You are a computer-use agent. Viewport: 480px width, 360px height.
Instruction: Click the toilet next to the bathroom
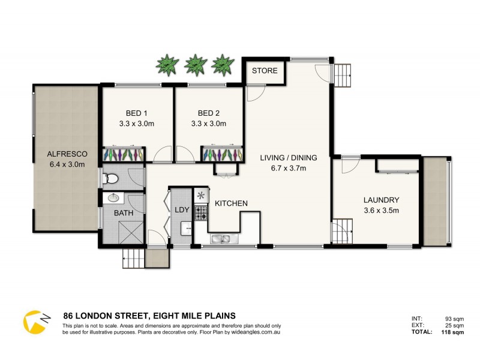point(110,178)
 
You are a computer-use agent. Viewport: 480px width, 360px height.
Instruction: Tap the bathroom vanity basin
point(114,198)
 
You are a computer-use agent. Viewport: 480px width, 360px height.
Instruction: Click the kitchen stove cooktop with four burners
point(200,212)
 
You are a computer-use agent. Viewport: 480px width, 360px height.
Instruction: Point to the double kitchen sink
point(221,240)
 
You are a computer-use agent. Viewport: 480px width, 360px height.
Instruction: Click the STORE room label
point(265,71)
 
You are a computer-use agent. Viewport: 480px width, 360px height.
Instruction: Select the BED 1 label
point(137,113)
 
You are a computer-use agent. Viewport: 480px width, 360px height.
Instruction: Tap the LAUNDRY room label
point(381,200)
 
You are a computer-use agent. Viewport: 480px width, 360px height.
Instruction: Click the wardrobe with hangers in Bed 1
point(124,154)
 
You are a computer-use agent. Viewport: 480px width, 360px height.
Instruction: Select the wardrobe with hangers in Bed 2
point(223,154)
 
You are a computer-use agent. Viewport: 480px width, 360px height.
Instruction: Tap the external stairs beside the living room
point(344,75)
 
